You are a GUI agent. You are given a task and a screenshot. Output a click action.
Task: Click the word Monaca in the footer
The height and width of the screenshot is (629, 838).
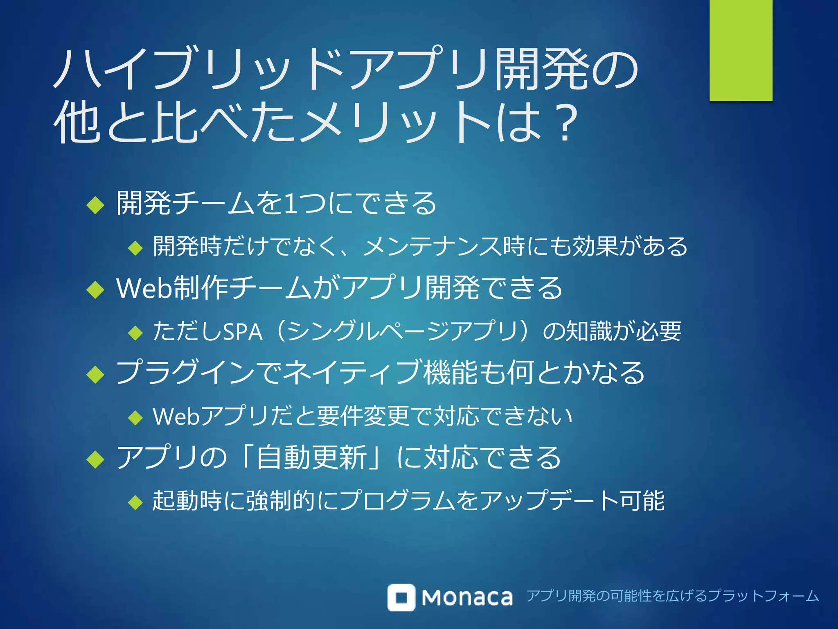(467, 598)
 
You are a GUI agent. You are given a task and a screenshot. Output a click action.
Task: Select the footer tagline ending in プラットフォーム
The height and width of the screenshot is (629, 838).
(673, 596)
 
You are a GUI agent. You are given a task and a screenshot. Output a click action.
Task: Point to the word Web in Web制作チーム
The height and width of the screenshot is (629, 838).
(143, 288)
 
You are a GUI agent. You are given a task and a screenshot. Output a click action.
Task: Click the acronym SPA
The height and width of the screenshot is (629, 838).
(242, 332)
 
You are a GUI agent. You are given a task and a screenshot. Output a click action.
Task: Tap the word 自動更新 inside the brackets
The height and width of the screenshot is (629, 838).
(311, 457)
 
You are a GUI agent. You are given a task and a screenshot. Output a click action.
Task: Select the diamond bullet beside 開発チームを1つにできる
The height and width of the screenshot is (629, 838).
(96, 205)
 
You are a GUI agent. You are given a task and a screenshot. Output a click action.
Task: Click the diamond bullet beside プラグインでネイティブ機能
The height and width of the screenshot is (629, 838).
(96, 374)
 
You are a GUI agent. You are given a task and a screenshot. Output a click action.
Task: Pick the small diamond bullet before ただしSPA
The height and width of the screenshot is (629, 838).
(135, 333)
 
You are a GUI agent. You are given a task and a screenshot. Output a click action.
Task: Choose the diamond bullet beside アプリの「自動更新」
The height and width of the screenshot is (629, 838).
(96, 459)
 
